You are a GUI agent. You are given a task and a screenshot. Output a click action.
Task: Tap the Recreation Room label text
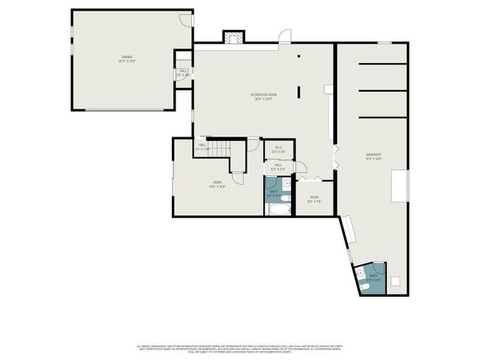[264, 96]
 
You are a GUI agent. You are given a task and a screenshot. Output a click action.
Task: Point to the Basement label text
[373, 156]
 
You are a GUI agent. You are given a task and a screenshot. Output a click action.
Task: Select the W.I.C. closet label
[278, 149]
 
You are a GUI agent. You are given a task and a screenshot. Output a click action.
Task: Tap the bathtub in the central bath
[280, 209]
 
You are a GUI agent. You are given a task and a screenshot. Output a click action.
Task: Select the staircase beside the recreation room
[218, 148]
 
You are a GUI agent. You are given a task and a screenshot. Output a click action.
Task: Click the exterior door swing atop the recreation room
[284, 35]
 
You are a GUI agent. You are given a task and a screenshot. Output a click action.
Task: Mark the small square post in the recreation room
[298, 56]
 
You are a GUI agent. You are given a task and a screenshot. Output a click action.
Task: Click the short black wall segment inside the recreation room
[298, 92]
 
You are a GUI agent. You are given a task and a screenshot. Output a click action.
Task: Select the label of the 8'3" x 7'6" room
[315, 199]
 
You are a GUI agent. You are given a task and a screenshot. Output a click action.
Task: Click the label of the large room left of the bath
[217, 184]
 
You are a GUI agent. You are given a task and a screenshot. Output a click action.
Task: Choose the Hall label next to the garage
[183, 73]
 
